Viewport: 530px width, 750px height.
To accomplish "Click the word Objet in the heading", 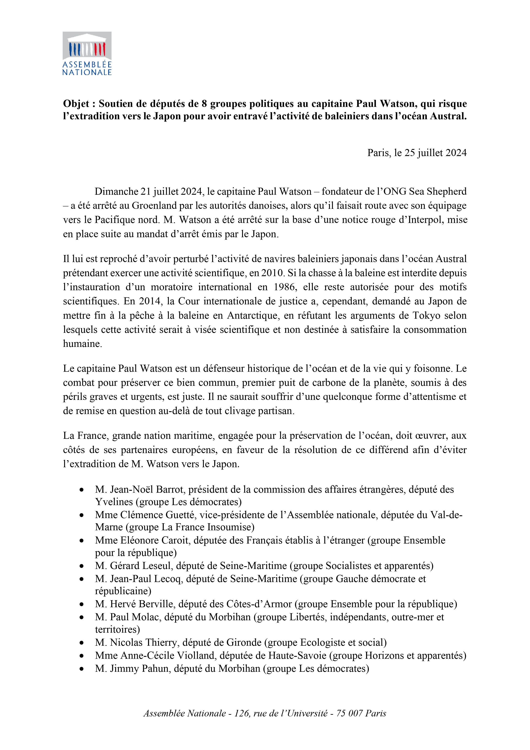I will click(x=76, y=104).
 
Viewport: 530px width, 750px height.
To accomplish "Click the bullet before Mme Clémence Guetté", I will click(x=82, y=515).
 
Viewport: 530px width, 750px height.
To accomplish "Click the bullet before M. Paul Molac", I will click(x=82, y=617).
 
